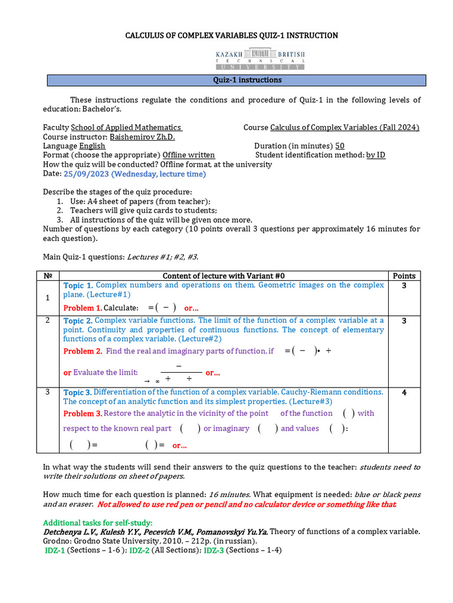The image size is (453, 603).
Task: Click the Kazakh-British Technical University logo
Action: (x=260, y=59)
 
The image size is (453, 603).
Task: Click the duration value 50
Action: (x=340, y=146)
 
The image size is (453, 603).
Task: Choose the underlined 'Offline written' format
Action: (x=189, y=155)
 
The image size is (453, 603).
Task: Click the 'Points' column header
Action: (x=404, y=276)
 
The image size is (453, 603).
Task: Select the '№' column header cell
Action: (x=48, y=276)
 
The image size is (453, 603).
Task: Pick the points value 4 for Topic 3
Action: (x=404, y=393)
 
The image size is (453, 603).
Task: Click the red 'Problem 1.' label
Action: (x=83, y=308)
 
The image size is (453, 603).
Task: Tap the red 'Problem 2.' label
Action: (x=83, y=351)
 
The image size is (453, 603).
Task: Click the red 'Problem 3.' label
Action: (x=83, y=413)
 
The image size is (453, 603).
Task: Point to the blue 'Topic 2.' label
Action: (x=78, y=321)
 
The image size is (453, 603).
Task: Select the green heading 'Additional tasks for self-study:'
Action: (x=98, y=522)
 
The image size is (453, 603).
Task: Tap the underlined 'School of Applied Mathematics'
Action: (x=126, y=128)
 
